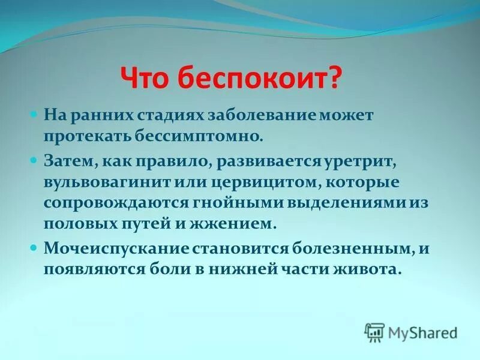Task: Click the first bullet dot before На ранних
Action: point(34,113)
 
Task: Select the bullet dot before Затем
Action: point(34,160)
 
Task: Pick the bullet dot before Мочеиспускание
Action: point(34,247)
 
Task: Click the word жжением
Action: point(244,224)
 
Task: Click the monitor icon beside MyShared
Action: point(374,332)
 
